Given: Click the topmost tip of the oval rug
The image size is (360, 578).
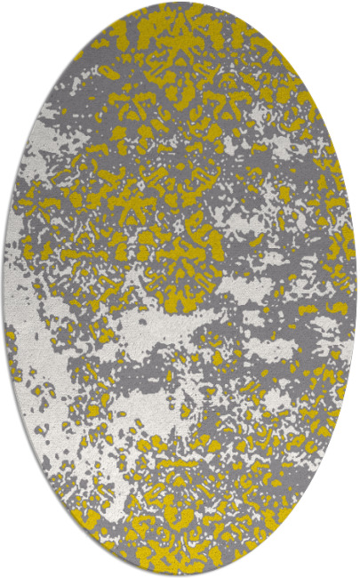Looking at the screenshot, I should [180, 4].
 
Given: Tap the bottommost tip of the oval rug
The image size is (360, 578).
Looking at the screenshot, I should [180, 574].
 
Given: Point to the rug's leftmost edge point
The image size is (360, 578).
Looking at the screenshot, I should [4, 289].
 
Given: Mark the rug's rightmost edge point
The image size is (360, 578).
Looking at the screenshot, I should [356, 289].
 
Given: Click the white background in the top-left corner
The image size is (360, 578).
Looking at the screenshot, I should [18, 18].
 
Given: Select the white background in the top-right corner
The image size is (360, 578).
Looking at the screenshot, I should [342, 18].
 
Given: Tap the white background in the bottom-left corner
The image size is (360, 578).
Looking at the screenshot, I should [18, 560].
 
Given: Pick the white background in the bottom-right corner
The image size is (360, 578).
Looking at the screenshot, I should [342, 560].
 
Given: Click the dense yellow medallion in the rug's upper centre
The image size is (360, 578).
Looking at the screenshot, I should [178, 178].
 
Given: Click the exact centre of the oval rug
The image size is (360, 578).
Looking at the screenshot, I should [180, 289].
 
